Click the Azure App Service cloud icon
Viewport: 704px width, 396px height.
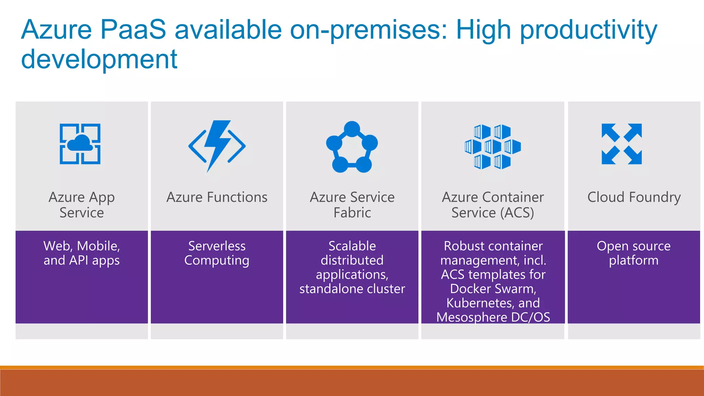80,144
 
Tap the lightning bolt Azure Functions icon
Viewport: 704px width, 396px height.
217,146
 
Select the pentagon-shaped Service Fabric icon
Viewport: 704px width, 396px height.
352,147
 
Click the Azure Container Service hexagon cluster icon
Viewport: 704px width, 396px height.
493,147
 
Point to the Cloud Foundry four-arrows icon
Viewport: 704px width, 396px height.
621,144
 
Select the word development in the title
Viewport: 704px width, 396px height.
99,59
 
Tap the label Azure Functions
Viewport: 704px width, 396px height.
217,197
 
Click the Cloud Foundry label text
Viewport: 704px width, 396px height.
634,197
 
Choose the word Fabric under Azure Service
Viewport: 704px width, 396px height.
352,213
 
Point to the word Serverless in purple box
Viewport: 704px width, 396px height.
217,246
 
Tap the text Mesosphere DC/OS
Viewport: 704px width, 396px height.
493,317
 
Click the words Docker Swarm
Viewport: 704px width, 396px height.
493,289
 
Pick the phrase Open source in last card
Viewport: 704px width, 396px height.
634,246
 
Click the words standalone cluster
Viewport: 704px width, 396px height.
352,289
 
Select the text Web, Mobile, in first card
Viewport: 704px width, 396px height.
82,246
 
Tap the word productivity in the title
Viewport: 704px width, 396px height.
588,30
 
